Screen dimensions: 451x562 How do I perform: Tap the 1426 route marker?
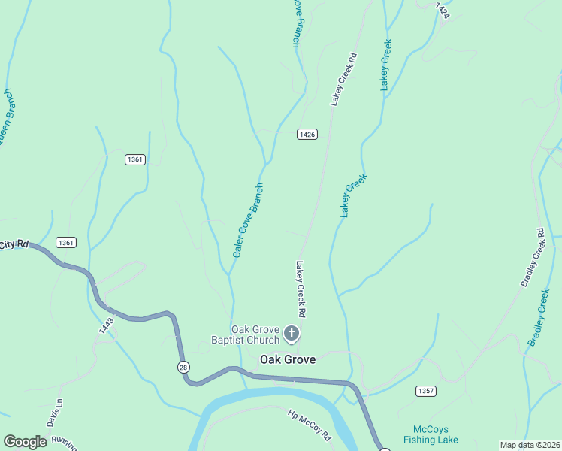pos(307,135)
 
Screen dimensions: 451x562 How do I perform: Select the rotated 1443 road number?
pos(106,324)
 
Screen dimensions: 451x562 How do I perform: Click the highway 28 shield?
pos(183,367)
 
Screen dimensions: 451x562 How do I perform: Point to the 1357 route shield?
pos(425,391)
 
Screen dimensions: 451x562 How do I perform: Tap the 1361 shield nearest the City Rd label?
pos(66,242)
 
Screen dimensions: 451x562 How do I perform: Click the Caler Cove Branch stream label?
pos(248,221)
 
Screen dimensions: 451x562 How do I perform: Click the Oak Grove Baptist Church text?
pos(255,334)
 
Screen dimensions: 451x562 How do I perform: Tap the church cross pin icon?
pos(292,333)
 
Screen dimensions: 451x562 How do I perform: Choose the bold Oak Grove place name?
pos(287,360)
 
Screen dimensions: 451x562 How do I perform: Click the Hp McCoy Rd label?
pos(310,425)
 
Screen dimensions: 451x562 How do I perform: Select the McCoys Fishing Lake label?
pos(436,434)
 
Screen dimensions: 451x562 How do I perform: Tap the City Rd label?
pos(14,245)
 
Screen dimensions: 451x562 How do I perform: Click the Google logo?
pos(25,442)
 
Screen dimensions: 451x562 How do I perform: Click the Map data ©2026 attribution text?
pos(530,445)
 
